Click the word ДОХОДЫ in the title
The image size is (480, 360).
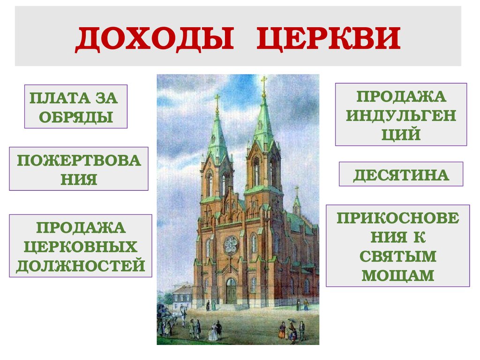click(x=155, y=39)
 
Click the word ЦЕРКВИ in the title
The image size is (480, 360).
click(x=329, y=39)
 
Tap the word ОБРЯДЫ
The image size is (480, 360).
click(x=76, y=117)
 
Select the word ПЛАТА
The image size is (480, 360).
click(x=60, y=98)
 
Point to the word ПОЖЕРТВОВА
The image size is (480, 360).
click(x=79, y=160)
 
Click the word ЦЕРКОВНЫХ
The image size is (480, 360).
click(x=81, y=247)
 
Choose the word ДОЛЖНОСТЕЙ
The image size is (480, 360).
click(x=81, y=266)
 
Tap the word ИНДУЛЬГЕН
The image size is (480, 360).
click(x=401, y=115)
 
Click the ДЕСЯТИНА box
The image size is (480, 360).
click(x=401, y=174)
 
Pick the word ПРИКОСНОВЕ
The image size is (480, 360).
click(x=398, y=218)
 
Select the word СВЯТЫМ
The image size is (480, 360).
click(x=398, y=256)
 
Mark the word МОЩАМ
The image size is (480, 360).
click(x=398, y=275)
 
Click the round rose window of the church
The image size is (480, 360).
click(x=231, y=245)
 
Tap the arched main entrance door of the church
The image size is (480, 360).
click(x=231, y=291)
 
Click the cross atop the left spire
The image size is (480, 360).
click(x=217, y=100)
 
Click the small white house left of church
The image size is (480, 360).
click(x=182, y=295)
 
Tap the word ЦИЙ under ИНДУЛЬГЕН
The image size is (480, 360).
click(x=401, y=135)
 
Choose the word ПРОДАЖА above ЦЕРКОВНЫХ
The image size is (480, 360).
click(x=81, y=228)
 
